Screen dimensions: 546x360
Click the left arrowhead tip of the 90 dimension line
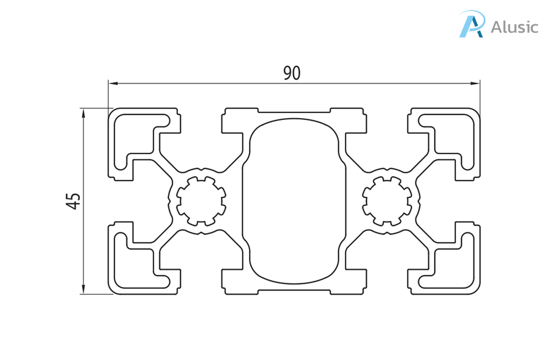109,84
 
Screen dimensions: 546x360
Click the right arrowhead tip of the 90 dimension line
480,84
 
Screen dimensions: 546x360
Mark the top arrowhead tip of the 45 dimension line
83,109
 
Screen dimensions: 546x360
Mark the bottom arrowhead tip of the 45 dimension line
83,294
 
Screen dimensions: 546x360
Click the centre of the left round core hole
201,201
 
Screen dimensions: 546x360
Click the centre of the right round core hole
387,201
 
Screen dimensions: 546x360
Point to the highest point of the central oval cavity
294,118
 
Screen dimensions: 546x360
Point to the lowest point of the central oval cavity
294,283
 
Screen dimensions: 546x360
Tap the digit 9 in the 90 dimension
287,73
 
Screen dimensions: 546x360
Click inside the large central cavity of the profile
294,201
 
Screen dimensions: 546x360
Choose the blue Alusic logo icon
472,23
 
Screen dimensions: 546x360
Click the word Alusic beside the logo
515,27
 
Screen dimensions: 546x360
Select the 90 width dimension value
292,73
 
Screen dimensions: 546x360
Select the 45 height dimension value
74,201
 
